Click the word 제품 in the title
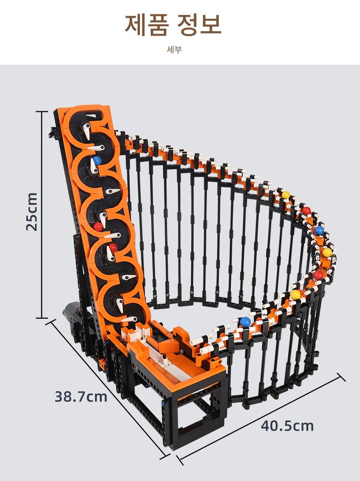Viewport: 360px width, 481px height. [146, 24]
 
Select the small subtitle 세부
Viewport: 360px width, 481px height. [174, 49]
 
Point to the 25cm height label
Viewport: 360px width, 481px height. [32, 212]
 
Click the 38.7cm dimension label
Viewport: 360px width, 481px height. [81, 397]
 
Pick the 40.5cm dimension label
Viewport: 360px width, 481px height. [288, 426]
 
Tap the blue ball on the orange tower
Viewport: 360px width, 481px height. [97, 160]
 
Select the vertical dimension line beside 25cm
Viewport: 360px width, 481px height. [42, 215]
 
